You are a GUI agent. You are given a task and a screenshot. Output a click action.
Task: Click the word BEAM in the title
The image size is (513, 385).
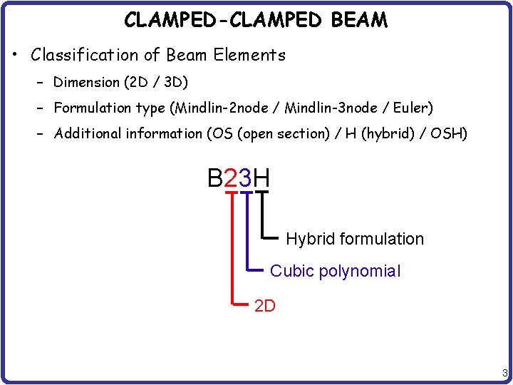click(x=359, y=20)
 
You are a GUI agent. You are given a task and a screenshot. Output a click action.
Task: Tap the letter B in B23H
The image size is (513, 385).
click(x=215, y=178)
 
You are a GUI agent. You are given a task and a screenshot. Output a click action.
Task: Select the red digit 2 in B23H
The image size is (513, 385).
click(x=231, y=178)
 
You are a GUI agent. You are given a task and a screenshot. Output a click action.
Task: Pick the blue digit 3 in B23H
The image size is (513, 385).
click(x=246, y=178)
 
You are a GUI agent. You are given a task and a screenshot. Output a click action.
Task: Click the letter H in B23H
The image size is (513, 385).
click(x=261, y=178)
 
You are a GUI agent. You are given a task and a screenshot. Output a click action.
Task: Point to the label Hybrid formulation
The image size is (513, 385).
click(x=355, y=239)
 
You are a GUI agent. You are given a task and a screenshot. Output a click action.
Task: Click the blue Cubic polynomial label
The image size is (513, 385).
click(x=335, y=271)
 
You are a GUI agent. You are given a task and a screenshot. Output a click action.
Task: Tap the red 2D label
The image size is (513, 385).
click(x=265, y=306)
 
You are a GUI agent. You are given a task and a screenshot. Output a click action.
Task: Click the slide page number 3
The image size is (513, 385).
click(x=504, y=373)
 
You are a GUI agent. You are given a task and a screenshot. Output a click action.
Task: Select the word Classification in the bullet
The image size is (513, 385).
click(x=76, y=55)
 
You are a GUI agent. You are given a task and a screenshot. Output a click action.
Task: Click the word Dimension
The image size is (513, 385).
click(x=86, y=83)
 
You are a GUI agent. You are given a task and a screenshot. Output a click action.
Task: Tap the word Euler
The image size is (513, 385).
click(x=411, y=108)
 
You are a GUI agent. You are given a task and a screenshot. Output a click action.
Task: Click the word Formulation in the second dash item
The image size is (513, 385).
click(x=93, y=108)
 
